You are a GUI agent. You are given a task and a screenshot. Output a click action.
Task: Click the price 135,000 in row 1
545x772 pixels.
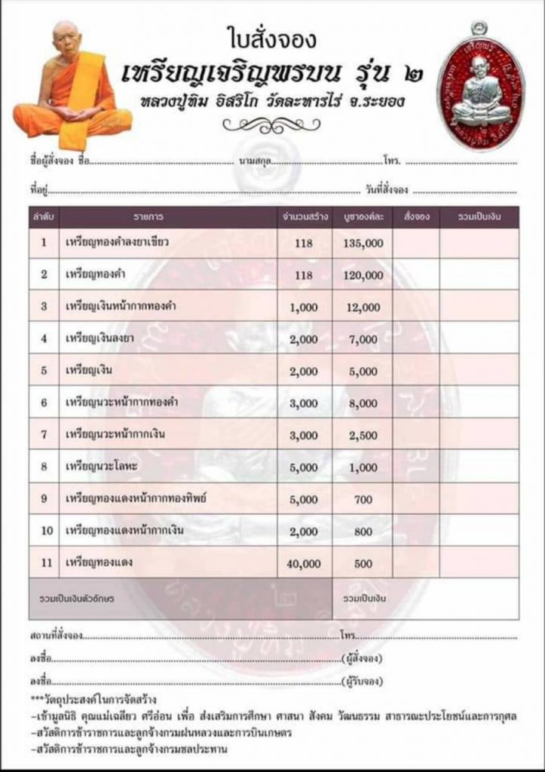coord(363,243)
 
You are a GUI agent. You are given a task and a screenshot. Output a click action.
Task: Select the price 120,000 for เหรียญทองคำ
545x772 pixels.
coord(363,275)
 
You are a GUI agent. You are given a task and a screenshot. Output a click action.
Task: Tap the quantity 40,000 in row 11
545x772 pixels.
coord(304,563)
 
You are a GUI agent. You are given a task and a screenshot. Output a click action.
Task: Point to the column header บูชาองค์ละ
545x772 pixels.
coord(363,217)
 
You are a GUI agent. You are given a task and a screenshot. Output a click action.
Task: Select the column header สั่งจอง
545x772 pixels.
coord(416,217)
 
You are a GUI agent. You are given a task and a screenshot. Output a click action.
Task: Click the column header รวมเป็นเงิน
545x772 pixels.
coord(479,217)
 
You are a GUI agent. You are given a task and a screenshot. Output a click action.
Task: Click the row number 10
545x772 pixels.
coord(45,532)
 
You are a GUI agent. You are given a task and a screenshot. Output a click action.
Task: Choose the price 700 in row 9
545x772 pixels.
coord(363,499)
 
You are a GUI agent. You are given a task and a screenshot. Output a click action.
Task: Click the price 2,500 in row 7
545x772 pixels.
coord(363,435)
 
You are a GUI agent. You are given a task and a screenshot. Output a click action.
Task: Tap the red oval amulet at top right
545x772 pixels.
coord(479,87)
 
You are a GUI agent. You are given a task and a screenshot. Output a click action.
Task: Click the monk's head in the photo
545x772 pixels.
coord(66,38)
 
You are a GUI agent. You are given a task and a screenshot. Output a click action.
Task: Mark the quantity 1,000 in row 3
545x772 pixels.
coord(304,307)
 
